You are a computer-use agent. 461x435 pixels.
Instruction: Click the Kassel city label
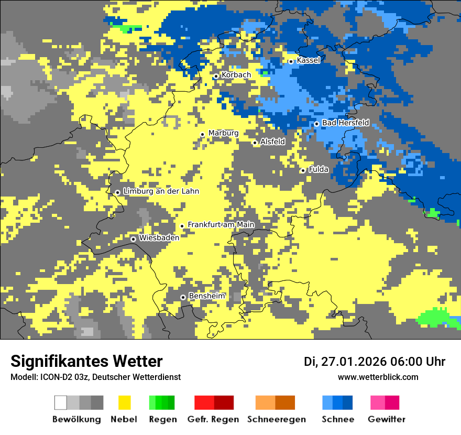308,60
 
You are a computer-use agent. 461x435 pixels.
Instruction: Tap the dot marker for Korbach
215,77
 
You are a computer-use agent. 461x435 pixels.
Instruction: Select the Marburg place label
223,133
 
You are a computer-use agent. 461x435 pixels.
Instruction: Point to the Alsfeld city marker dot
255,143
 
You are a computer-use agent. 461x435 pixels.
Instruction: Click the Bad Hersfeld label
345,123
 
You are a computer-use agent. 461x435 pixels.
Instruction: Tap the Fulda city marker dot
303,170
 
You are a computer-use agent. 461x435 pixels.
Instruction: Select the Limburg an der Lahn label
161,191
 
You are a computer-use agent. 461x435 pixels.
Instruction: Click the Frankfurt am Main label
221,225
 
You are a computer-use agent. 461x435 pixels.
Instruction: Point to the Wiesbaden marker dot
134,239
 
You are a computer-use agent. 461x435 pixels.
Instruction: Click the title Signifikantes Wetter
86,361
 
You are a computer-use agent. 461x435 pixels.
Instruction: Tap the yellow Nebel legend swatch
124,403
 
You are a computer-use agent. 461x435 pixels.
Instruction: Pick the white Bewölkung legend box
61,403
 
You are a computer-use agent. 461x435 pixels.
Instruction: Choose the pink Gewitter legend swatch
377,403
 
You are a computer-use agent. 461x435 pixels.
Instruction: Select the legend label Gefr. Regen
213,419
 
